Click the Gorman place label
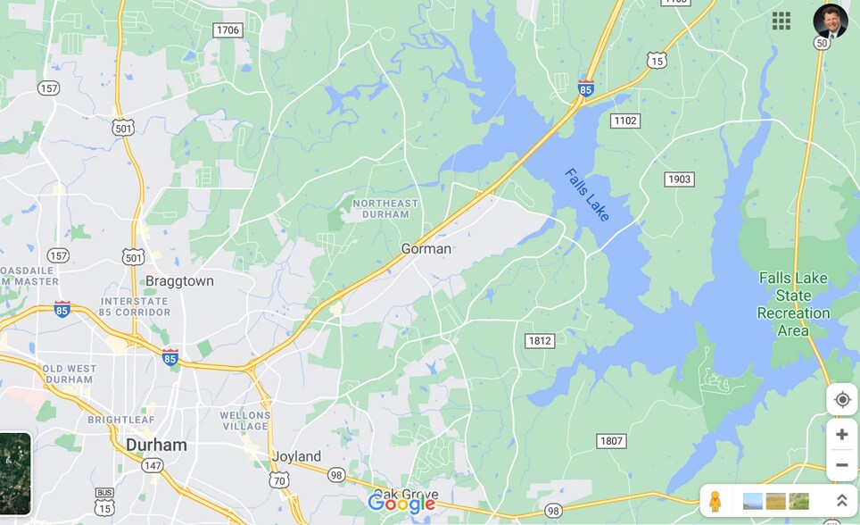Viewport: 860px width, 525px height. tap(426, 249)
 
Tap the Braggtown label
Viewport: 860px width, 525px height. tap(179, 281)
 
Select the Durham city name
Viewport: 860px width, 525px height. tap(156, 445)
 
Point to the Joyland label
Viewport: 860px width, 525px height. tap(296, 456)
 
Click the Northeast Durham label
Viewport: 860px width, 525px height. tap(385, 209)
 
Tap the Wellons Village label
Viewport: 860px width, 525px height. tap(244, 421)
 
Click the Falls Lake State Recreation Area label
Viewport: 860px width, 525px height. tap(793, 304)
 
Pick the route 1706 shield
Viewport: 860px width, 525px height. tap(228, 30)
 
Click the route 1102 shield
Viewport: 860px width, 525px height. tap(625, 121)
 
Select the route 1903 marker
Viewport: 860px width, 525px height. tap(679, 179)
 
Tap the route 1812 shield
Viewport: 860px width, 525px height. tap(540, 341)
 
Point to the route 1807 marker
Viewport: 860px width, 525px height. tap(611, 441)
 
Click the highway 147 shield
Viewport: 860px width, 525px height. tap(153, 465)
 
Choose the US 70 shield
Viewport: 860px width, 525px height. tap(278, 480)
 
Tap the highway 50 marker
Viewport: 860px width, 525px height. tap(822, 43)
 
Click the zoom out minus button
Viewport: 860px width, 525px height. tap(841, 464)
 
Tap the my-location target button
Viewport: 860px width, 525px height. tap(841, 399)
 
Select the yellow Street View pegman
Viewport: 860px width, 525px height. tap(715, 501)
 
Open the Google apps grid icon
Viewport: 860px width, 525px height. tap(781, 21)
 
